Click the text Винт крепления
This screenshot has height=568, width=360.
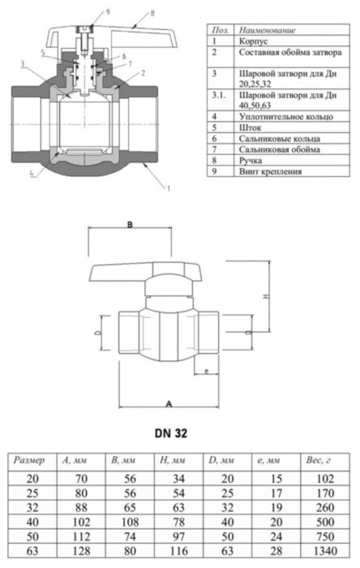[x=271, y=172]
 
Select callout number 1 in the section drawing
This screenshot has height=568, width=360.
[x=168, y=189]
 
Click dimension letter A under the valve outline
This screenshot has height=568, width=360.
[x=168, y=402]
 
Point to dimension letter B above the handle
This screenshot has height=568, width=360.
[x=129, y=224]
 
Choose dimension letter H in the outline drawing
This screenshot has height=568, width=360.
[x=266, y=297]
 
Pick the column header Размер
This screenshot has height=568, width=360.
[x=32, y=460]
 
